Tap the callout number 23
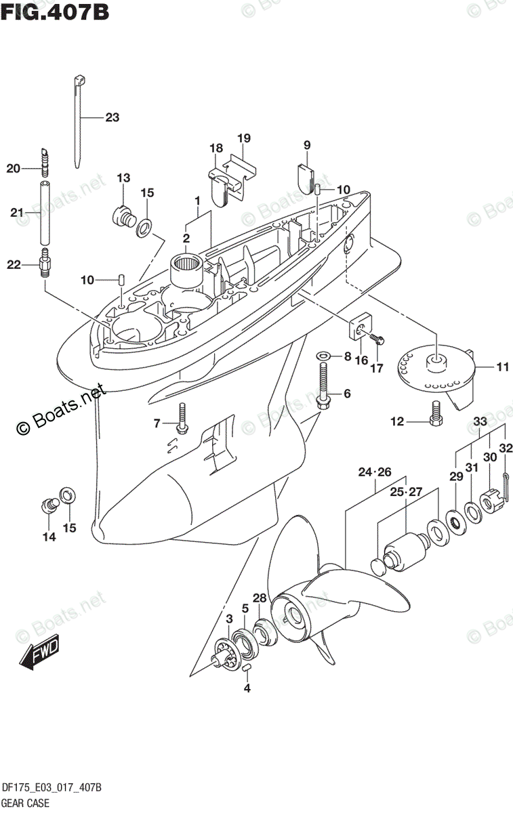pyautogui.click(x=112, y=117)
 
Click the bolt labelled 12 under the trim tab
pyautogui.click(x=436, y=411)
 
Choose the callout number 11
pyautogui.click(x=502, y=368)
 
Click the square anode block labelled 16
pyautogui.click(x=357, y=329)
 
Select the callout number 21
pyautogui.click(x=18, y=213)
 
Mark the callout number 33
pyautogui.click(x=480, y=421)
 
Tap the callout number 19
pyautogui.click(x=244, y=138)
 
